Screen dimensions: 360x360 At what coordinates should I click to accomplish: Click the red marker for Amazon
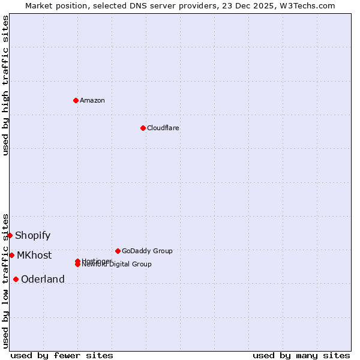point(76,100)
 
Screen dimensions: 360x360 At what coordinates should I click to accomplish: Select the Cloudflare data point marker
point(143,128)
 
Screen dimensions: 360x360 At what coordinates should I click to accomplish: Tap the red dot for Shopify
point(10,235)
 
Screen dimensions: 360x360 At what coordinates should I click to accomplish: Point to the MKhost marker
point(12,255)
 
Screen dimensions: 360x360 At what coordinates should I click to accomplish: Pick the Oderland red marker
point(16,279)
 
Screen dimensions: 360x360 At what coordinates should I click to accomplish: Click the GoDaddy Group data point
point(118,251)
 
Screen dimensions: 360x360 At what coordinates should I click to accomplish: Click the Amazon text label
point(92,100)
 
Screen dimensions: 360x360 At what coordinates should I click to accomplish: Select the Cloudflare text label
point(163,128)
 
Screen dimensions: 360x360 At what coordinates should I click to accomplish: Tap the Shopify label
point(33,236)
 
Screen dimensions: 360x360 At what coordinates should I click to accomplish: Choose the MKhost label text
point(34,256)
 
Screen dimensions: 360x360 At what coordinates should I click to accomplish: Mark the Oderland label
point(43,280)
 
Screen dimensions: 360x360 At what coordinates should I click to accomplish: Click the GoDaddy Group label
point(147,251)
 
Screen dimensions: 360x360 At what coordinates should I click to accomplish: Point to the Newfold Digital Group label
point(117,265)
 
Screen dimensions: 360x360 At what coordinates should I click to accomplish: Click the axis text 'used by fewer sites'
point(62,356)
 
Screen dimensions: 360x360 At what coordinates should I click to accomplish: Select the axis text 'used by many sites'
point(301,356)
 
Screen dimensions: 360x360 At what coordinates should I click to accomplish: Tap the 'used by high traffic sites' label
point(6,85)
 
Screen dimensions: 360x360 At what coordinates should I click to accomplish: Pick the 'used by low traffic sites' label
point(6,281)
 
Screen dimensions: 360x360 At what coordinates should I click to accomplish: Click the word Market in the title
point(38,5)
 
